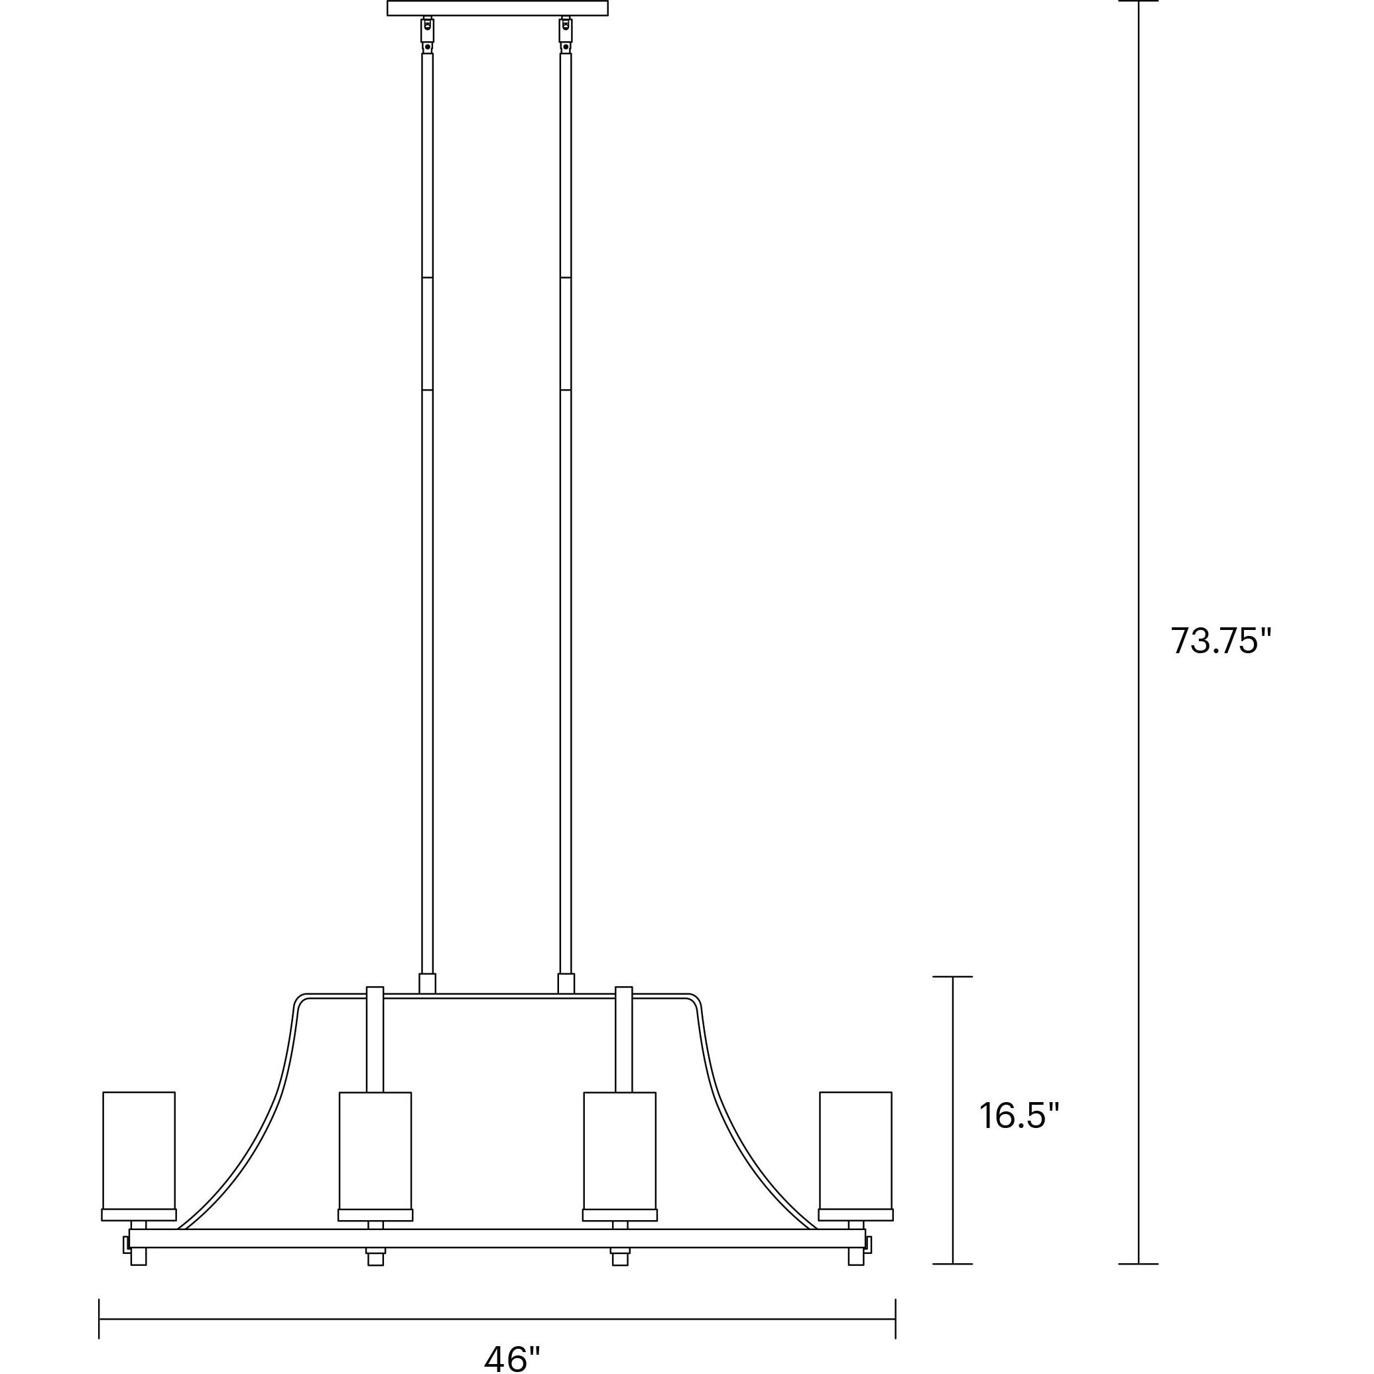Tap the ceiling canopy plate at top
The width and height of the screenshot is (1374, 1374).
click(x=497, y=8)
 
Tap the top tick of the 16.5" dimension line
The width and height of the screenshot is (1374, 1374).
click(x=952, y=977)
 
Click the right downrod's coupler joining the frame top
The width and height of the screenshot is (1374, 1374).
click(x=566, y=983)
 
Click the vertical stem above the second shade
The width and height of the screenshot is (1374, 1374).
click(x=375, y=1038)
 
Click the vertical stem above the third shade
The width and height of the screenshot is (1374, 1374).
click(x=624, y=1038)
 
